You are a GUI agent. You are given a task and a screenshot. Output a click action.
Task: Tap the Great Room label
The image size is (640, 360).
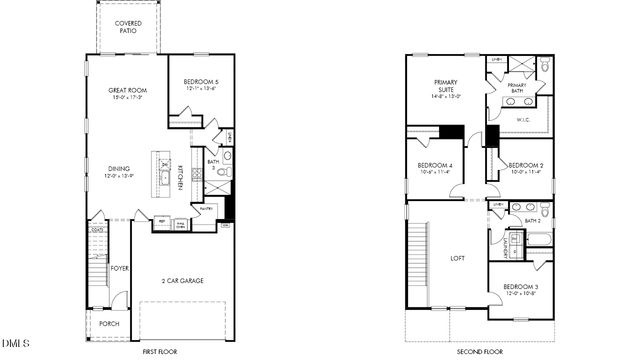pyautogui.click(x=127, y=94)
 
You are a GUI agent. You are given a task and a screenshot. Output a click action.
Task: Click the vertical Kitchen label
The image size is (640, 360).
pyautogui.click(x=181, y=177)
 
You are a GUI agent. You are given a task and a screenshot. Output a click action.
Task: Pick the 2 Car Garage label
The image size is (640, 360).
pyautogui.click(x=182, y=280)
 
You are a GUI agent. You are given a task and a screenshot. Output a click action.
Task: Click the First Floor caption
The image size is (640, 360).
pyautogui.click(x=160, y=351)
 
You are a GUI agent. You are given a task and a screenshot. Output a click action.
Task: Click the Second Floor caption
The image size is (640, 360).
pyautogui.click(x=480, y=351)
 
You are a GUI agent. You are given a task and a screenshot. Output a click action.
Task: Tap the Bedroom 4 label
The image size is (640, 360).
pyautogui.click(x=436, y=168)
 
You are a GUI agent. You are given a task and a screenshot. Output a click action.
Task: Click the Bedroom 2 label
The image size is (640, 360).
pyautogui.click(x=525, y=168)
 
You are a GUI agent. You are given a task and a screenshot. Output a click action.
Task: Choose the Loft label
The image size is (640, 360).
pyautogui.click(x=458, y=258)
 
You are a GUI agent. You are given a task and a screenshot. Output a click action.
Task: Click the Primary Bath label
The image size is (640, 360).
pyautogui.click(x=517, y=89)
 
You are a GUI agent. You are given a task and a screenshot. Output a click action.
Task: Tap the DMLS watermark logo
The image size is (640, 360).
pyautogui.click(x=16, y=346)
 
